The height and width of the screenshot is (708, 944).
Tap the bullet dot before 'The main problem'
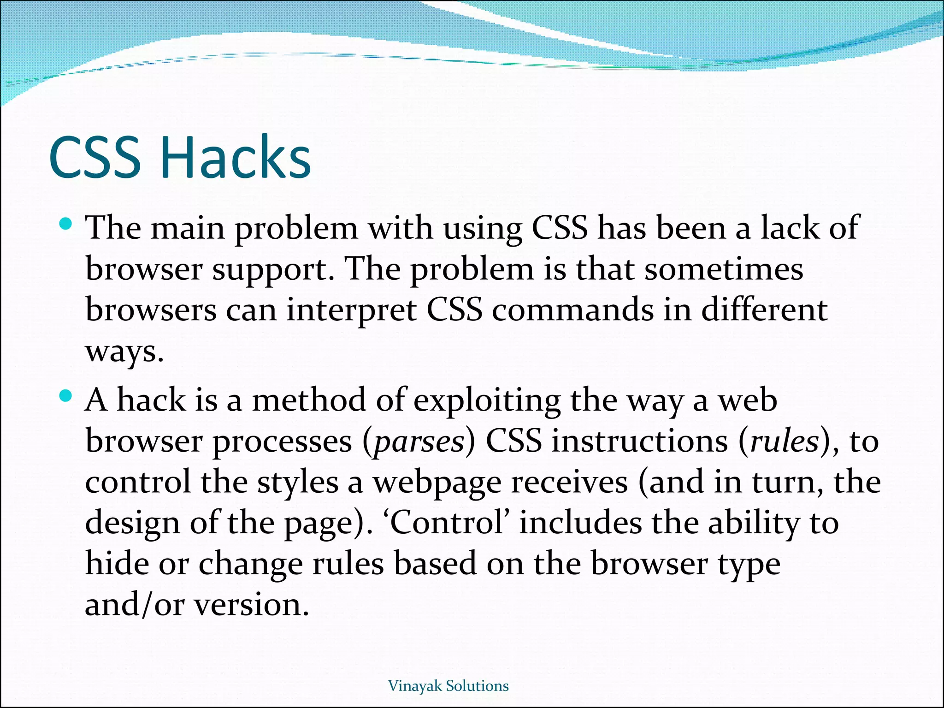(x=66, y=224)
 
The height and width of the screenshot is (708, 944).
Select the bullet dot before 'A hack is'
(x=66, y=396)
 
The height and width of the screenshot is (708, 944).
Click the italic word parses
(x=419, y=442)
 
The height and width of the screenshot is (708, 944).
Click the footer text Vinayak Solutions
(x=448, y=686)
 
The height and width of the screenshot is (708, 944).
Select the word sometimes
(x=724, y=269)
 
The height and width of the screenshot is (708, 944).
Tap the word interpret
(x=351, y=310)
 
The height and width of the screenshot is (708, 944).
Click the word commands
(x=572, y=310)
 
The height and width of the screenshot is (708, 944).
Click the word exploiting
(x=487, y=401)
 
